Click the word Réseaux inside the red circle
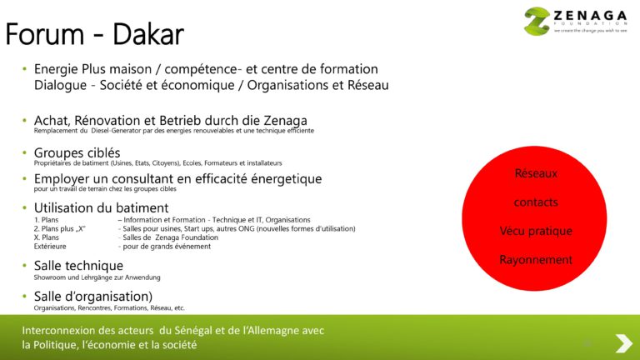[x=536, y=173]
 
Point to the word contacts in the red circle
[x=536, y=202]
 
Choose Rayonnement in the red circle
[x=536, y=260]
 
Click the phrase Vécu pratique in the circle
[x=536, y=231]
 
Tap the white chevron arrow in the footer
[x=622, y=342]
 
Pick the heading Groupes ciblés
[x=77, y=152]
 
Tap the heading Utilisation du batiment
[x=101, y=207]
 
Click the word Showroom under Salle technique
[x=52, y=277]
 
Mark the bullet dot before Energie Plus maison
[x=25, y=69]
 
